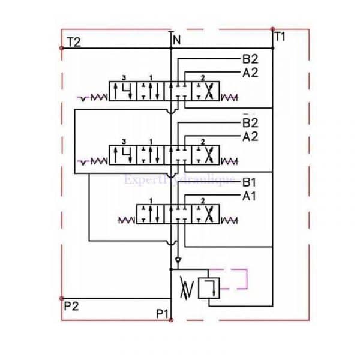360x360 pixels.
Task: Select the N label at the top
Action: [x=176, y=41]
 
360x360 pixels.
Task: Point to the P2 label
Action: [x=71, y=305]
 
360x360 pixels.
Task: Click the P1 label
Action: [x=163, y=313]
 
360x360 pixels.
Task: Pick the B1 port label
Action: [x=250, y=182]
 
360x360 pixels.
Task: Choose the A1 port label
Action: [x=250, y=196]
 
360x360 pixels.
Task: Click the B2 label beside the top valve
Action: [x=250, y=59]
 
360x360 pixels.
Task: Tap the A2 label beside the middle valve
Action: [x=250, y=136]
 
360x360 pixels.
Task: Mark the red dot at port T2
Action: [x=61, y=47]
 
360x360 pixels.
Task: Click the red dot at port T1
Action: [x=272, y=28]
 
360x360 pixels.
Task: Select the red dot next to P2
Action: [x=61, y=298]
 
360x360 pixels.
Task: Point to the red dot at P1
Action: [x=172, y=320]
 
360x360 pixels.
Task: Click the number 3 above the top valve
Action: [x=124, y=78]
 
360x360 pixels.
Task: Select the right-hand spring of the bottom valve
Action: [x=229, y=220]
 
